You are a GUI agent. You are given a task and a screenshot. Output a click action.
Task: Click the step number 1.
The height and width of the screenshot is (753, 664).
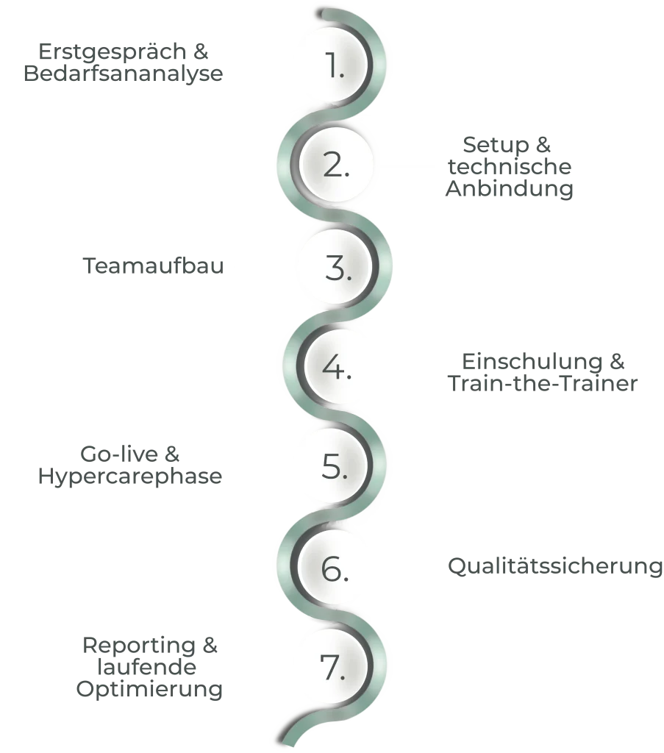click(x=335, y=65)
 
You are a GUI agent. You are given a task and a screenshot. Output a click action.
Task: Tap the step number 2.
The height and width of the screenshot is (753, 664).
click(x=336, y=165)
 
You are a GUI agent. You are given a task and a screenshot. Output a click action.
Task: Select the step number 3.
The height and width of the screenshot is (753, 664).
click(x=338, y=268)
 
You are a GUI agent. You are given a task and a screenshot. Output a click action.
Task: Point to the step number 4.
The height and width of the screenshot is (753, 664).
click(x=337, y=368)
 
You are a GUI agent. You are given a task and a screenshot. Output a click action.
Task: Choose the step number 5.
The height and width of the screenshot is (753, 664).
click(x=335, y=465)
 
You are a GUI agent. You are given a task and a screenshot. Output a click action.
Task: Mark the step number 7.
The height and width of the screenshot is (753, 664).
click(x=332, y=667)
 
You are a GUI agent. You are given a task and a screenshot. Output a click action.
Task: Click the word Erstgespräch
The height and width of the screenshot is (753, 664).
click(x=113, y=52)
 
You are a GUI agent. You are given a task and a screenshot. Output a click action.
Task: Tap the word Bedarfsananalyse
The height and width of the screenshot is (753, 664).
click(x=124, y=74)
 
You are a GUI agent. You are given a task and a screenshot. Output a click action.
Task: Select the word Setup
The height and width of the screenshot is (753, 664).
click(x=496, y=145)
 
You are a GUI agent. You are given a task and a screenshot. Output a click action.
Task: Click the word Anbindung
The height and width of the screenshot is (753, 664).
click(x=510, y=188)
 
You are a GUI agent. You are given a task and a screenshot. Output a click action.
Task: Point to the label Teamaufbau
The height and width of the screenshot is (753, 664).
click(x=153, y=265)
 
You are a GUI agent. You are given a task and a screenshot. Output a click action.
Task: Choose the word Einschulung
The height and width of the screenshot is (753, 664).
click(x=532, y=362)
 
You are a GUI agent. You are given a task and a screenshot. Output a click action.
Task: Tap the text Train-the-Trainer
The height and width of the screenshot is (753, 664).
click(x=543, y=383)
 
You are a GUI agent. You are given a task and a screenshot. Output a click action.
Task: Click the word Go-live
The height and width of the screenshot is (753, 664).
click(x=119, y=454)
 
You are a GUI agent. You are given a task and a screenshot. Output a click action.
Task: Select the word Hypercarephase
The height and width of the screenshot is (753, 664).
click(x=130, y=477)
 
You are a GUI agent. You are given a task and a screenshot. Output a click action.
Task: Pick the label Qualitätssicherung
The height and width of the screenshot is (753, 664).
click(x=555, y=566)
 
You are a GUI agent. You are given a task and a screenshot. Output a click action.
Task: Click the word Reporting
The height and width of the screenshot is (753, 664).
click(x=139, y=646)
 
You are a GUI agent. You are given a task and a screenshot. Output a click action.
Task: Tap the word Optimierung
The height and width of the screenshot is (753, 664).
click(x=149, y=689)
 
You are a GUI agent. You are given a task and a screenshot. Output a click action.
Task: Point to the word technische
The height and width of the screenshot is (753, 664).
click(x=510, y=167)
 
